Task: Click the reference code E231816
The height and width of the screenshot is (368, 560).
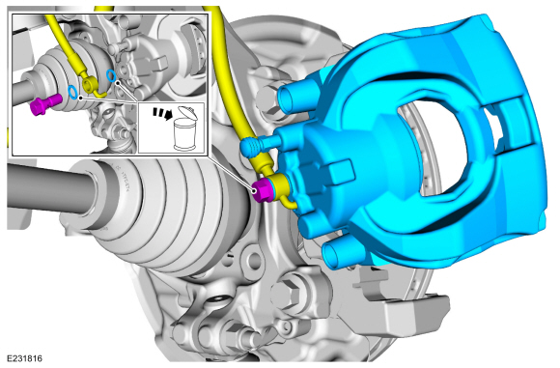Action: [x=25, y=358]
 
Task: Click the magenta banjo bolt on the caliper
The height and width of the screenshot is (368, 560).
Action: [x=263, y=191]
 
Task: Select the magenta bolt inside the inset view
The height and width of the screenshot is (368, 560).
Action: [x=45, y=103]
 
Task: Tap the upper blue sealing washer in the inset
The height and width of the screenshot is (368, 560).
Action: [x=111, y=75]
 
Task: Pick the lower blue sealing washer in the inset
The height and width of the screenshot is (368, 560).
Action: [x=72, y=92]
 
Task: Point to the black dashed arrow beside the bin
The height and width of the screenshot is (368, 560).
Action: [x=161, y=113]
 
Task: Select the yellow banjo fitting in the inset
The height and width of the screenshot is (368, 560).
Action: [x=91, y=84]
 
